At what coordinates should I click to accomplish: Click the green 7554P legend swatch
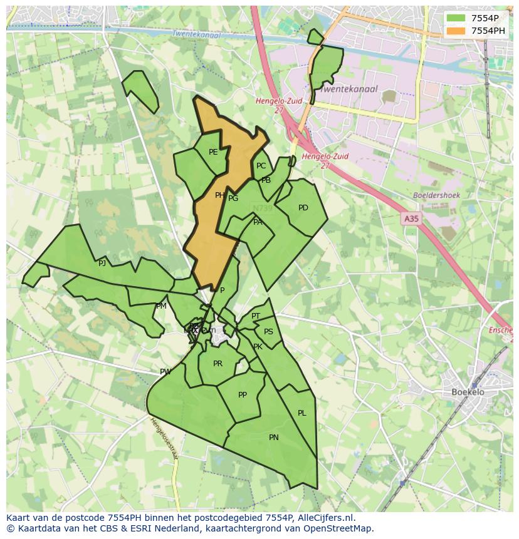pos(456,18)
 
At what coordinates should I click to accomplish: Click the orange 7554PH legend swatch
pos(456,31)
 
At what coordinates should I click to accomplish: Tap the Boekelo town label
pos(468,393)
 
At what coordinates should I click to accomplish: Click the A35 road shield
pos(411,218)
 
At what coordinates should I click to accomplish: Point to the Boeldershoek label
pos(436,195)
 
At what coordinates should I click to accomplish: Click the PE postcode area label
pos(213,152)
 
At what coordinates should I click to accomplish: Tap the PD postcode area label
pos(303,208)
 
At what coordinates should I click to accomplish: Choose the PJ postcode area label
pos(102,264)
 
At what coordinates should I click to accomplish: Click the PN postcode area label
pos(274,438)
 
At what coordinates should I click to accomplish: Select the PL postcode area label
pos(302,413)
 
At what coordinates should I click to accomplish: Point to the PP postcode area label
pos(243,395)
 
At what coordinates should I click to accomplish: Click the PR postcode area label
pos(218,364)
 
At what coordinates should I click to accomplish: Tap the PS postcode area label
pos(269,332)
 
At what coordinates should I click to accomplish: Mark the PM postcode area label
pos(162,306)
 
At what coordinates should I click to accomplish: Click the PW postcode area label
pos(165,372)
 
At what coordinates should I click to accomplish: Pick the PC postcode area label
pos(261,166)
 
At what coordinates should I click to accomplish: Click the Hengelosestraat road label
pos(164,438)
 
